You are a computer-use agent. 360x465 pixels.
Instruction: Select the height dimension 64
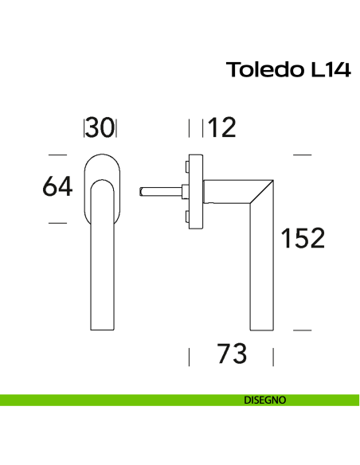pos(57,188)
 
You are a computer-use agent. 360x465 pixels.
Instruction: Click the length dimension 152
pos(303,238)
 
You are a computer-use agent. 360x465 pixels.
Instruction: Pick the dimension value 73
pos(232,354)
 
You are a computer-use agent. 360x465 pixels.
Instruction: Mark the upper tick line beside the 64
pos(57,154)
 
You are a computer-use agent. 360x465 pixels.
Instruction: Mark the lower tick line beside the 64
pos(57,223)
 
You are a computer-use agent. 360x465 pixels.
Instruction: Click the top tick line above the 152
pos(302,154)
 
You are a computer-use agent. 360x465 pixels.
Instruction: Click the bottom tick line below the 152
pos(302,328)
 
